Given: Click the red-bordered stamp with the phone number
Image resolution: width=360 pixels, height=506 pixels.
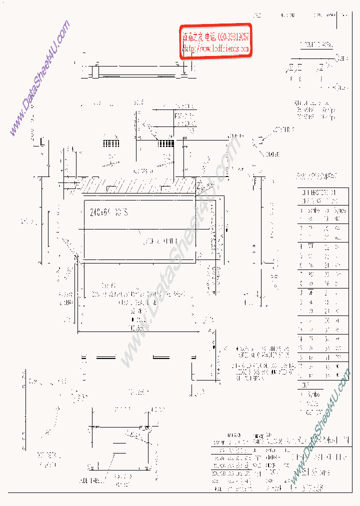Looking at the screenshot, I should [215, 42].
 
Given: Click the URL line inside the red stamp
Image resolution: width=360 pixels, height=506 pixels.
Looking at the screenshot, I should [215, 49].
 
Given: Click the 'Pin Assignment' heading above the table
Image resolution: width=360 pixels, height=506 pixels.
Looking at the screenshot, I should [316, 176].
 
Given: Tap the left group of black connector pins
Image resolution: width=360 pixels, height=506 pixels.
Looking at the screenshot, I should [111, 143].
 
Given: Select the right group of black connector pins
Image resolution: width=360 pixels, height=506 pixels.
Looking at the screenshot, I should [165, 143].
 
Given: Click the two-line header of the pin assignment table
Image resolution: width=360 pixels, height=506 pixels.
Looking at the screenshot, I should [317, 195].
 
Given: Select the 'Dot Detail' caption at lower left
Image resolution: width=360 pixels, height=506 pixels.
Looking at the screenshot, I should [46, 459].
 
